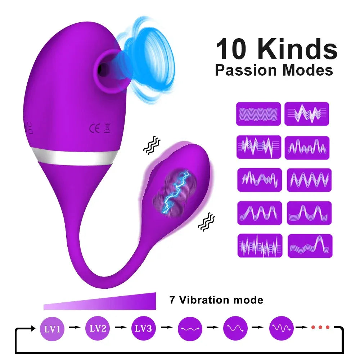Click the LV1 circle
click(x=53, y=328)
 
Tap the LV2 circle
click(x=98, y=328)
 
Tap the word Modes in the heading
click(x=308, y=70)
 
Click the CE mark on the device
click(x=94, y=129)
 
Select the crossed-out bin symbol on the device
click(x=107, y=129)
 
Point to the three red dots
click(x=320, y=327)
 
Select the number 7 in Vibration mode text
click(x=172, y=300)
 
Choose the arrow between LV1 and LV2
click(x=75, y=327)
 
